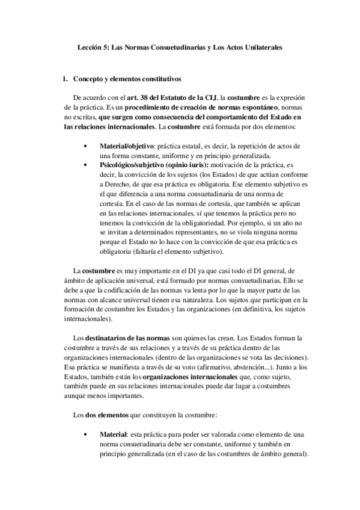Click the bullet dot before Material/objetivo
(88, 146)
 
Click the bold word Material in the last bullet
(113, 434)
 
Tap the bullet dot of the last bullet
(88, 434)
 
